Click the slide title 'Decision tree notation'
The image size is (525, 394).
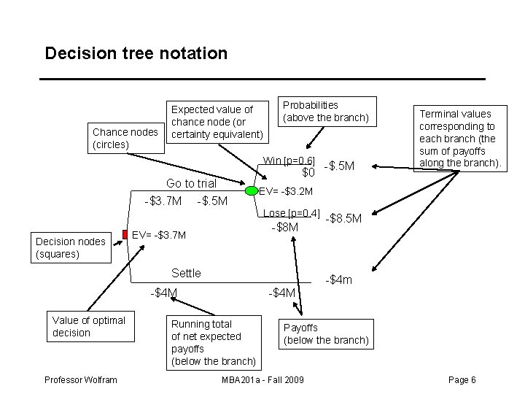(x=136, y=53)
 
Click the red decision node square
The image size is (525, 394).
(x=125, y=234)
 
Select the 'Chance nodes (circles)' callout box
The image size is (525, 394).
(x=125, y=138)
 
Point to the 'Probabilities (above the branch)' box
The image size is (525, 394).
(x=326, y=111)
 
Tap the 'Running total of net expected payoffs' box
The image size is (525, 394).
(x=214, y=342)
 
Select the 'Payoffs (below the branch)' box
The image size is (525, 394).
(x=326, y=334)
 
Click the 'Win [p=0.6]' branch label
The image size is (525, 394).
(x=289, y=161)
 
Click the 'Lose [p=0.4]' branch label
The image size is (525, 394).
(x=292, y=213)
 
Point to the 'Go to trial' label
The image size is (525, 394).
(x=191, y=183)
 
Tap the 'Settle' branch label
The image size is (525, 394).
(x=186, y=273)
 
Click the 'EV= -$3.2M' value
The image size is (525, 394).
(x=287, y=192)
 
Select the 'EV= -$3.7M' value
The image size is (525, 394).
(x=159, y=235)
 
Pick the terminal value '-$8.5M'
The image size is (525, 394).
(x=343, y=217)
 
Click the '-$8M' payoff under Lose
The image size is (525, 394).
(x=284, y=227)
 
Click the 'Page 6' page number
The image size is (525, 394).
(x=462, y=380)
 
